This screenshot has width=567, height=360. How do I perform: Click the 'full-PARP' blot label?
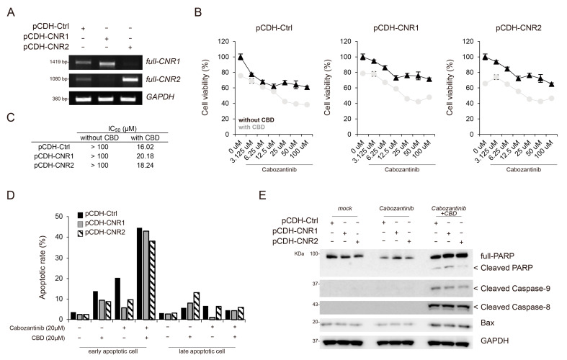[492, 256]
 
